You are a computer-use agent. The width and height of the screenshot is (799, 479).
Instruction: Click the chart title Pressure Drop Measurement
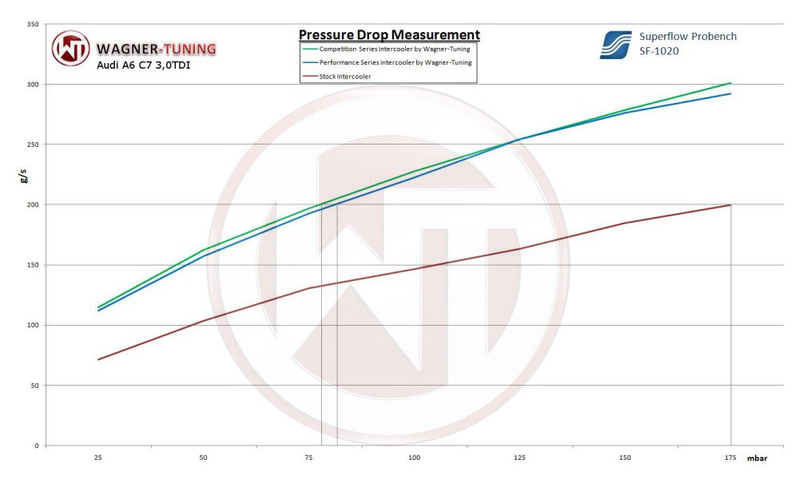pos(389,35)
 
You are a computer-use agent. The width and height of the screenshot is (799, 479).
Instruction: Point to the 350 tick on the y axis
pos(33,24)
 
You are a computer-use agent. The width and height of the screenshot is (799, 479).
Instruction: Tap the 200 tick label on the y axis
pos(33,204)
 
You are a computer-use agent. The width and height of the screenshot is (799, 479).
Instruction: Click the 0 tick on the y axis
pos(36,445)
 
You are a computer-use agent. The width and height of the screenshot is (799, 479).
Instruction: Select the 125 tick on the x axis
pos(519,458)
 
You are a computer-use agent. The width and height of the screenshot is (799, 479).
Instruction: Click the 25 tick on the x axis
pos(97,458)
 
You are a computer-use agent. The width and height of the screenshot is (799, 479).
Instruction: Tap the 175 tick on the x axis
pos(730,458)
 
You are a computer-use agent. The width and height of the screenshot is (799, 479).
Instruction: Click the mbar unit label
pos(757,459)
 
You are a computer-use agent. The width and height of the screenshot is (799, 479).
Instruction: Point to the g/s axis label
pos(23,177)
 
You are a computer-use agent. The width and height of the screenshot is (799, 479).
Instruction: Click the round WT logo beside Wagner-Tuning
pos(71,48)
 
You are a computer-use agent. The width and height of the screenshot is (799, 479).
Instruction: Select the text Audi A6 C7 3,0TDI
pos(144,65)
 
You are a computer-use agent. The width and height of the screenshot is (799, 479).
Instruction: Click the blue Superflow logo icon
pos(615,45)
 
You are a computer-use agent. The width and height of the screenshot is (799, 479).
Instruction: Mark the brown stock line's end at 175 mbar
pos(730,205)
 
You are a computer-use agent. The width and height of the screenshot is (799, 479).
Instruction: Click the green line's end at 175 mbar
pos(730,83)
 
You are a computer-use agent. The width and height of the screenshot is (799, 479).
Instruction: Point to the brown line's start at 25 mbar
pos(98,359)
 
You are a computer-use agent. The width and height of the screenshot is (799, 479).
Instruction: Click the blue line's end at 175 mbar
pos(730,94)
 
